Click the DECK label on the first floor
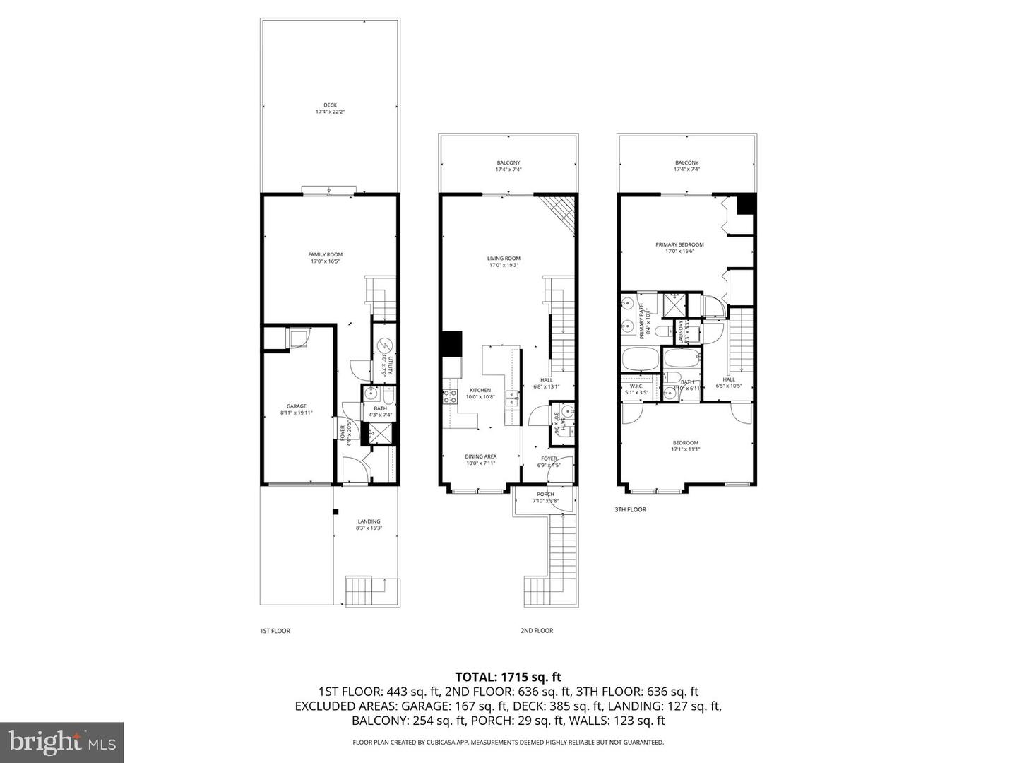point(330,105)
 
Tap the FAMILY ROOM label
point(325,255)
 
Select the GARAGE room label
point(296,406)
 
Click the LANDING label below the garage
point(368,521)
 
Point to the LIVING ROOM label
point(504,259)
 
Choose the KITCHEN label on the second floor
point(480,391)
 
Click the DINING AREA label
point(480,457)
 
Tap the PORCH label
point(545,495)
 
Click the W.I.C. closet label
point(636,386)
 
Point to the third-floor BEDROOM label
point(685,443)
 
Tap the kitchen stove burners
point(449,397)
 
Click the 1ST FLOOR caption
point(275,631)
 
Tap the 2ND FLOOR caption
point(537,631)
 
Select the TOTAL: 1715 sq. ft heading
point(508,677)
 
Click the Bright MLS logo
point(62,742)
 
